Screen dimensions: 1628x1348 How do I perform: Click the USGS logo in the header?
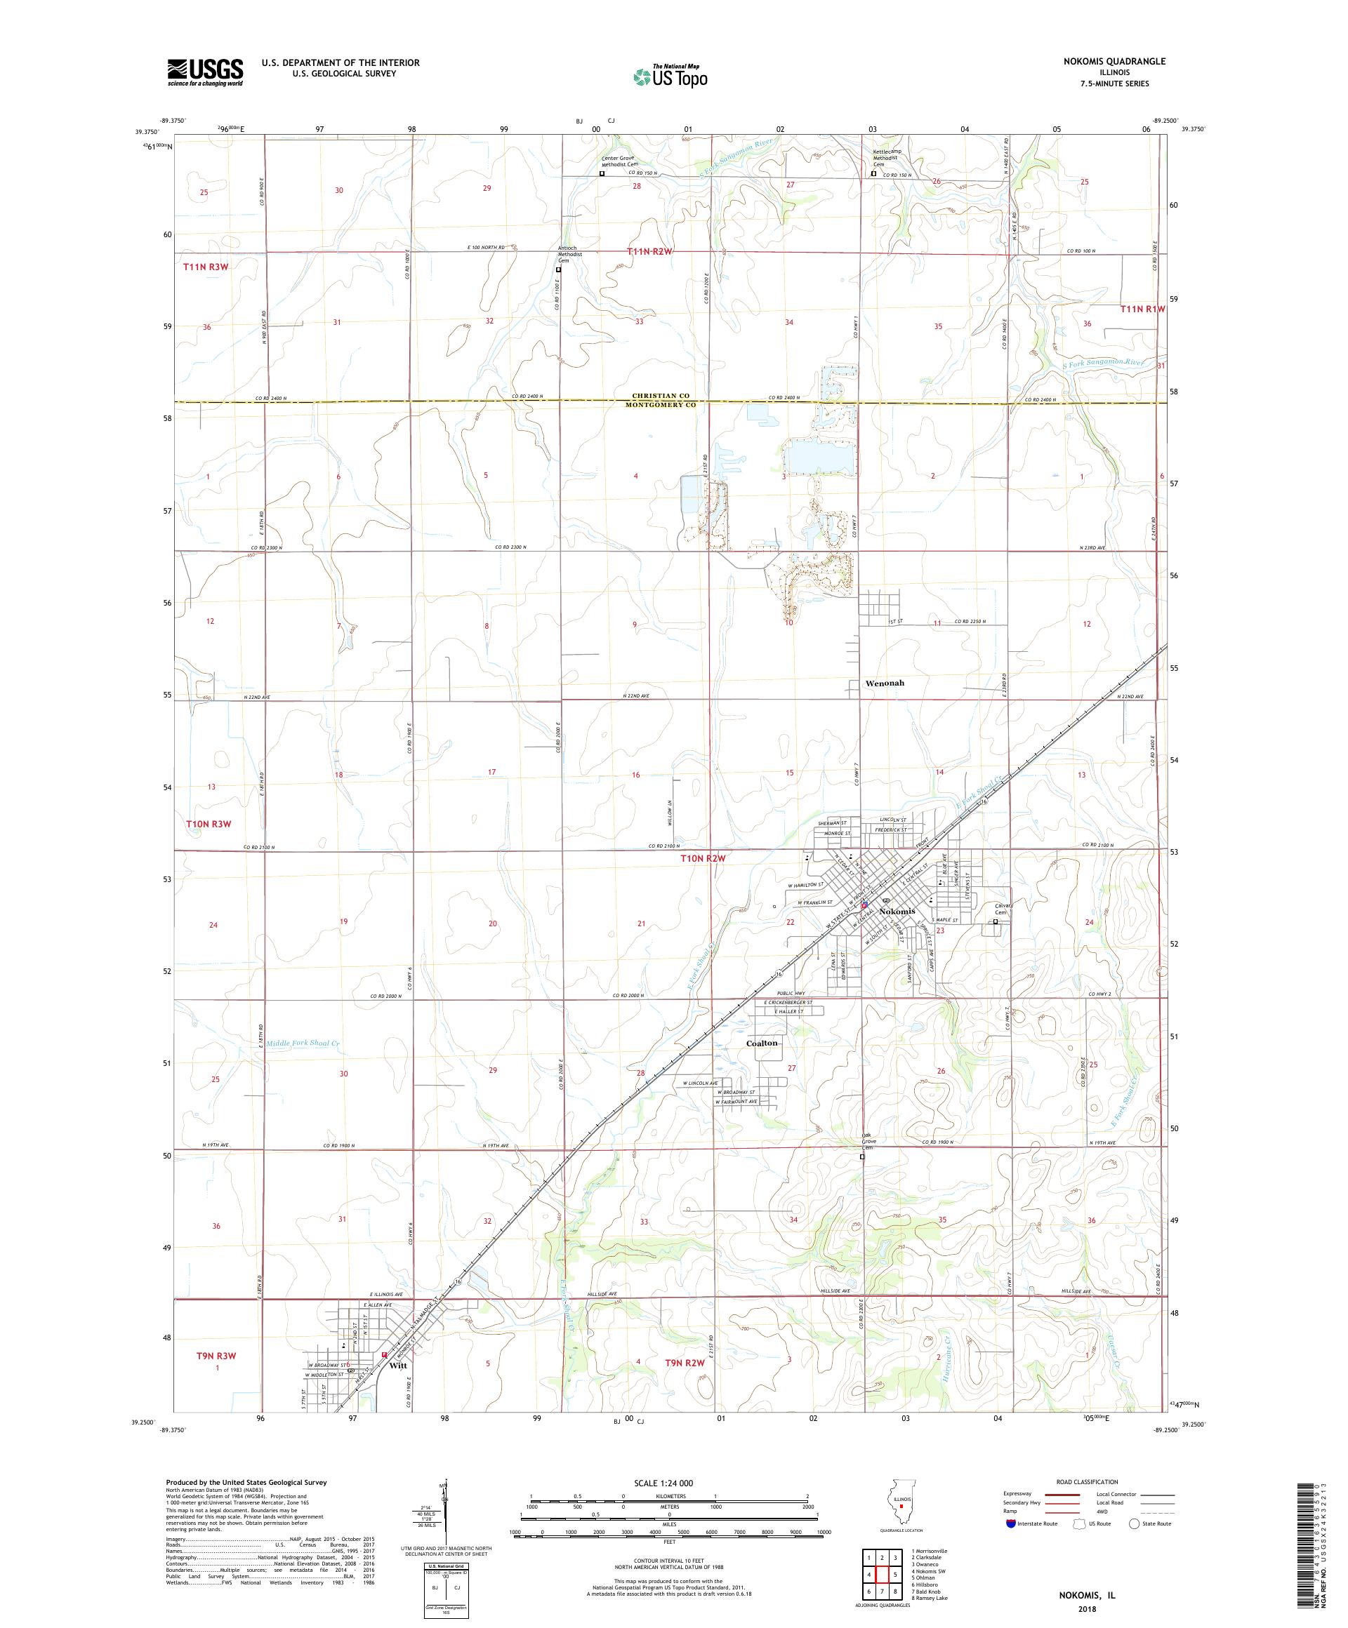point(206,72)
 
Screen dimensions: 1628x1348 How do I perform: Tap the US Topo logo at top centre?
point(672,76)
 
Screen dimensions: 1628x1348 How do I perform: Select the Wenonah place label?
point(884,683)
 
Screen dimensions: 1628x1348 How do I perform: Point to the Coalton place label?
point(762,1043)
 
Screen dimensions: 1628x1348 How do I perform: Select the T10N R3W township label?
point(209,824)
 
